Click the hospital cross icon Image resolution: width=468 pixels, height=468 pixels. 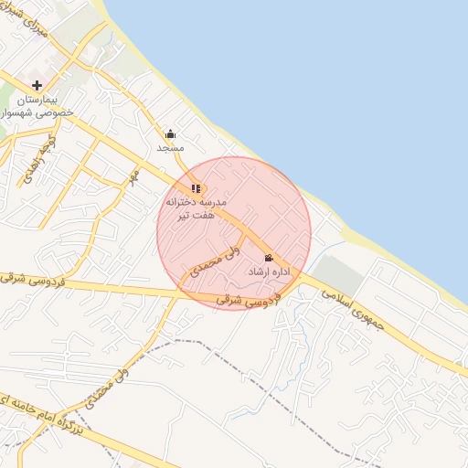[x=37, y=85]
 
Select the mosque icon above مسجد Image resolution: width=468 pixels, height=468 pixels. [x=170, y=133]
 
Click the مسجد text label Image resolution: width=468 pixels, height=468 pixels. [x=170, y=147]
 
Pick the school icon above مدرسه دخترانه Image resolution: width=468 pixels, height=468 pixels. [x=196, y=188]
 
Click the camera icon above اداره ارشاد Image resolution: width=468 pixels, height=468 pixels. [x=268, y=258]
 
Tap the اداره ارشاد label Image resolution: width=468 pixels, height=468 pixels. [x=269, y=272]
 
